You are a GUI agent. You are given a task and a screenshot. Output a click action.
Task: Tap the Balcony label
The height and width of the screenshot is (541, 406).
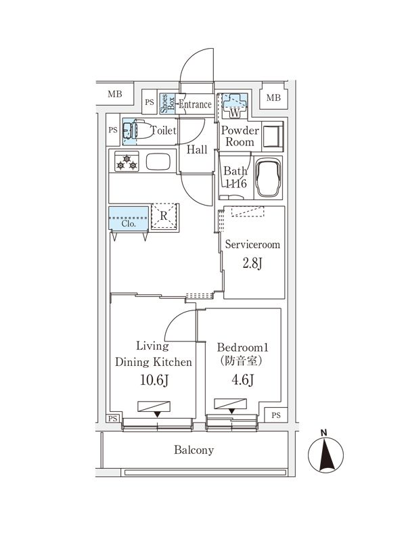tap(194, 450)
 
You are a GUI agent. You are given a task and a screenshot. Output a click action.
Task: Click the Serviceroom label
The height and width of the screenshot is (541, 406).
tap(252, 245)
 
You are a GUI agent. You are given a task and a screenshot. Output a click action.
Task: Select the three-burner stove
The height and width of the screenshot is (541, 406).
tap(127, 162)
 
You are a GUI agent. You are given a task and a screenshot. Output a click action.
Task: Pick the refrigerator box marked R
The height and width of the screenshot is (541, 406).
tap(164, 217)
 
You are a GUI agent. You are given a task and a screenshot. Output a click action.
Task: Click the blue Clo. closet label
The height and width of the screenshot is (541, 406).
tap(129, 222)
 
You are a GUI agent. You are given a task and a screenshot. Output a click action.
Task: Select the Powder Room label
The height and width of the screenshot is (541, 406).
tap(240, 137)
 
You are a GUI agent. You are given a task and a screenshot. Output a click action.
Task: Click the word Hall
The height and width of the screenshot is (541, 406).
tap(197, 150)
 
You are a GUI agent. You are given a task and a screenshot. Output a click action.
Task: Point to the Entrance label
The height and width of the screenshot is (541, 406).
tap(196, 105)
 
